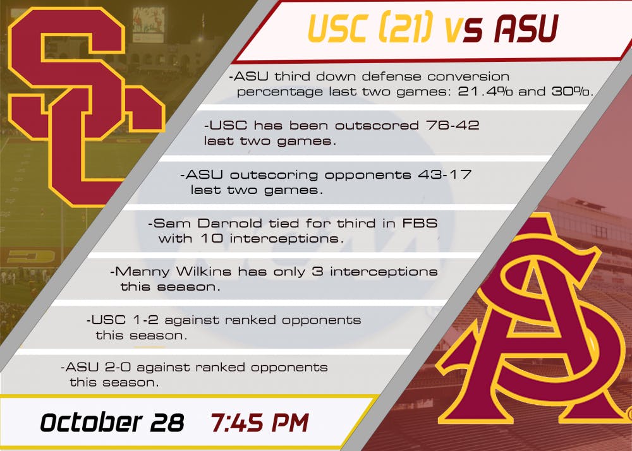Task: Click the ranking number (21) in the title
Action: pos(406,28)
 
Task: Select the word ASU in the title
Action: pos(526,28)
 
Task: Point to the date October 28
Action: pos(112,423)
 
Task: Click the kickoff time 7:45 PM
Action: pos(260,423)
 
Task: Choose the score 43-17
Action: pos(444,174)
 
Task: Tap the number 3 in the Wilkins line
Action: pos(318,272)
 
